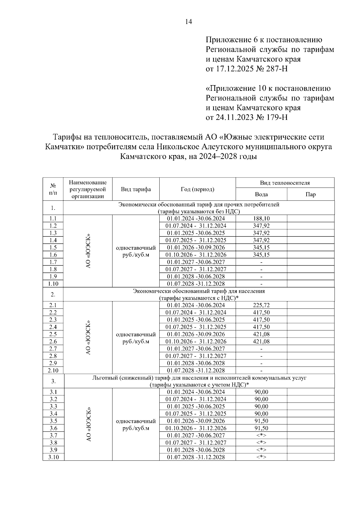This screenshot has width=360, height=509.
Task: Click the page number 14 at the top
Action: pyautogui.click(x=189, y=22)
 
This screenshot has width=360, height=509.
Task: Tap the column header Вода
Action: pyautogui.click(x=261, y=194)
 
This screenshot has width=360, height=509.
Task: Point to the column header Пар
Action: pyautogui.click(x=310, y=194)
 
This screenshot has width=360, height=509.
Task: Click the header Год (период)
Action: pyautogui.click(x=197, y=189)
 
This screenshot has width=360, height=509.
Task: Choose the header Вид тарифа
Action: pyautogui.click(x=136, y=189)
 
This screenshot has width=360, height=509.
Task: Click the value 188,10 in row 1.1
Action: pyautogui.click(x=261, y=219)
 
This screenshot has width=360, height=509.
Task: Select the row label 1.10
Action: pyautogui.click(x=53, y=284)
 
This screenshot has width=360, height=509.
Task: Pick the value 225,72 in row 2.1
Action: pyautogui.click(x=261, y=305)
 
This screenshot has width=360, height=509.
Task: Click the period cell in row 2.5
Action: pyautogui.click(x=196, y=334)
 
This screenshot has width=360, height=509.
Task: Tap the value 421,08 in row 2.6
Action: pyautogui.click(x=261, y=341)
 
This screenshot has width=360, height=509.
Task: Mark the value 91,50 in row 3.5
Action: pyautogui.click(x=261, y=421)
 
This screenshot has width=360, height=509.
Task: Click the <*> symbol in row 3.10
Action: pyautogui.click(x=261, y=457)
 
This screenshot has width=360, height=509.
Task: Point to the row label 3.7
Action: pyautogui.click(x=53, y=435)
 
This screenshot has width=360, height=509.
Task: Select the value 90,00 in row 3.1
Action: pyautogui.click(x=261, y=392)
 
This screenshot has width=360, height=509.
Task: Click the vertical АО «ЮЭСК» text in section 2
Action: pyautogui.click(x=88, y=338)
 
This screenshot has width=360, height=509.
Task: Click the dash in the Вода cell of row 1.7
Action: pyautogui.click(x=261, y=262)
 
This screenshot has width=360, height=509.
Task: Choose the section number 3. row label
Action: pyautogui.click(x=53, y=381)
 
